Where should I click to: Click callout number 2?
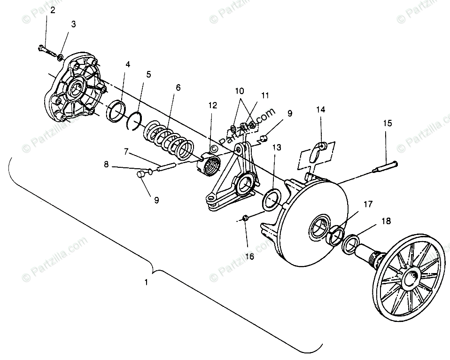pyautogui.click(x=53, y=10)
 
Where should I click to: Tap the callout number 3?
pyautogui.click(x=73, y=24)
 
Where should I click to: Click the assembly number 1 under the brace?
pyautogui.click(x=146, y=282)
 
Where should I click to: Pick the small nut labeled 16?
pyautogui.click(x=245, y=218)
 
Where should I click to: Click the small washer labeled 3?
pyautogui.click(x=60, y=57)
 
